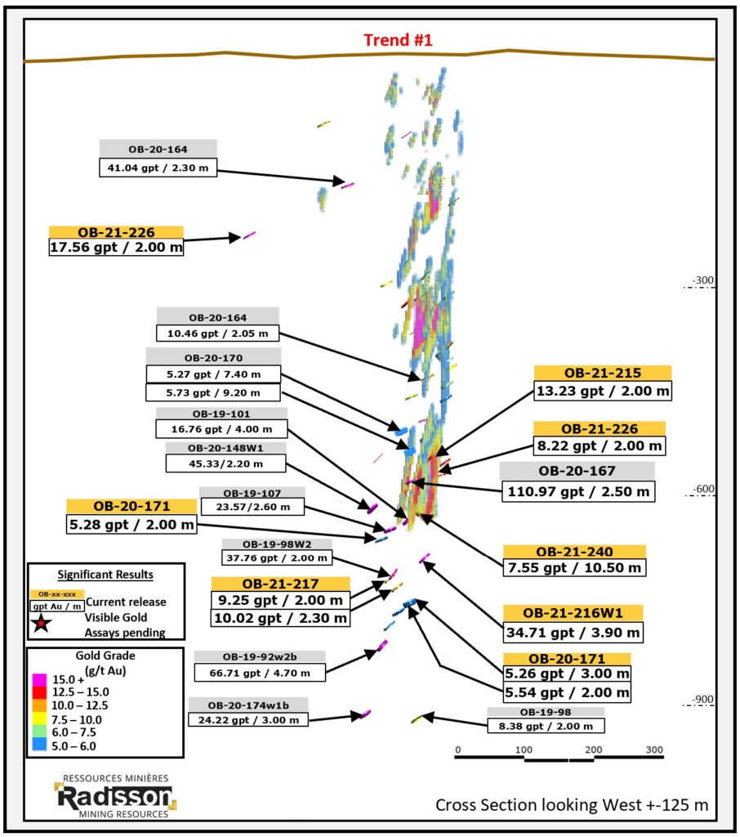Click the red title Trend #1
[x=398, y=40]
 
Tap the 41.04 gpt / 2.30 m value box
[x=158, y=168]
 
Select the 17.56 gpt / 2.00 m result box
[x=116, y=247]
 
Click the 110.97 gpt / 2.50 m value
[x=578, y=491]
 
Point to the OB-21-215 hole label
[x=603, y=373]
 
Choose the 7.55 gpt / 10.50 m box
[x=575, y=567]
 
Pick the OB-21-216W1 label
[x=573, y=613]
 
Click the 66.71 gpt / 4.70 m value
[x=260, y=673]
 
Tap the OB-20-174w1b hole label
[x=248, y=705]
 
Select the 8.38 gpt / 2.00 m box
[x=546, y=726]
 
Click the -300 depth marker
[x=702, y=280]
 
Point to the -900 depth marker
[x=702, y=700]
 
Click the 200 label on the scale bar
[x=593, y=750]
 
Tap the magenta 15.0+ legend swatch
[x=39, y=679]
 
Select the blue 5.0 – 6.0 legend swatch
[x=39, y=745]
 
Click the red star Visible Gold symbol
[x=41, y=623]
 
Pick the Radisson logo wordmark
[x=114, y=797]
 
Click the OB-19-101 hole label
[x=221, y=414]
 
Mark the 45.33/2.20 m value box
[x=225, y=463]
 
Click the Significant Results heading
[x=105, y=575]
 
